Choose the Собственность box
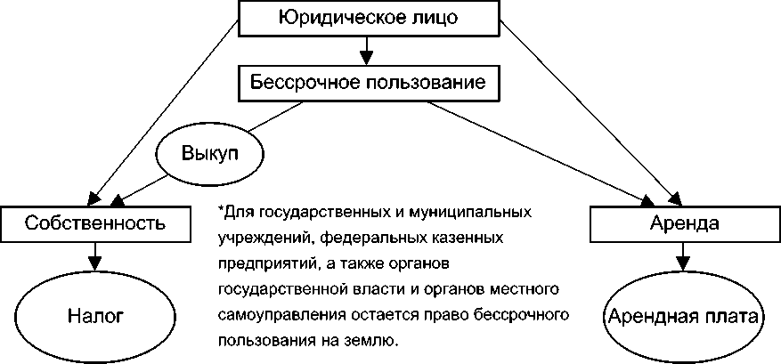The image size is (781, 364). click(x=94, y=222)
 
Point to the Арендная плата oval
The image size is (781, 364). click(x=682, y=316)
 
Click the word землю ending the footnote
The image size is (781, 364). click(x=378, y=342)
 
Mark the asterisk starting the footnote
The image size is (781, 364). click(x=219, y=211)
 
